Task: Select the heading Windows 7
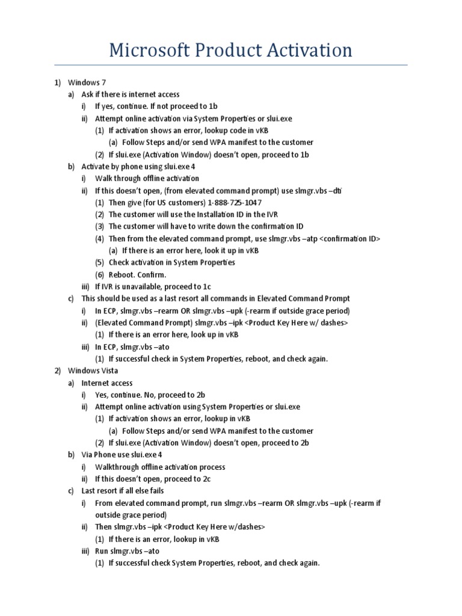click(87, 82)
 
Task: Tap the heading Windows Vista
click(93, 371)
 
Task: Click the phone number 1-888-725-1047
click(228, 203)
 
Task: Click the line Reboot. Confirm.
click(137, 275)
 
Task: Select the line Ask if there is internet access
click(131, 94)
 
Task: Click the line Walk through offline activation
click(147, 179)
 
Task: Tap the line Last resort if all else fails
click(123, 491)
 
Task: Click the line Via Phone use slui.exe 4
click(122, 455)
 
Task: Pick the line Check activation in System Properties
click(171, 263)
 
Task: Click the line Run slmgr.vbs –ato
click(128, 551)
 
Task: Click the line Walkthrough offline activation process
click(160, 467)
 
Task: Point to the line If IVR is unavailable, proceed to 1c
click(153, 287)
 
